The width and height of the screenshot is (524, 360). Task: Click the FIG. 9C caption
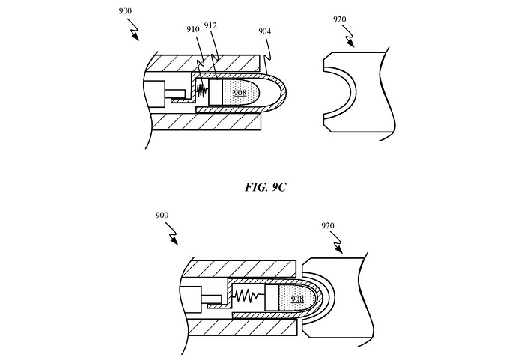point(264,187)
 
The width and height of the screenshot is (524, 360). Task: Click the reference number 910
point(194,29)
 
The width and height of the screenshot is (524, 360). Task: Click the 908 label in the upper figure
point(240,93)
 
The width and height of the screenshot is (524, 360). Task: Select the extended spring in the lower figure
point(248,296)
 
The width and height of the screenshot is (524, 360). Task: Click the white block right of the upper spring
point(218,93)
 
